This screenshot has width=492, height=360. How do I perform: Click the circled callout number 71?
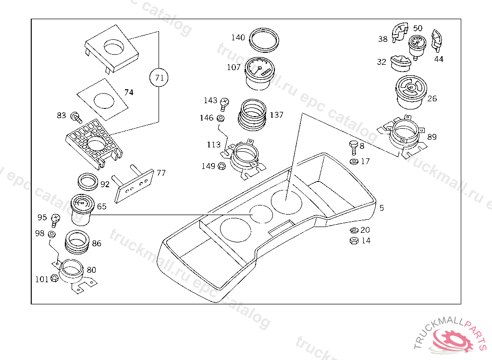tap(159, 77)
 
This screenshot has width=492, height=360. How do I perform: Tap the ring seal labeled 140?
tap(264, 40)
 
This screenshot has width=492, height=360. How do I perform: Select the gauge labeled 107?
tap(259, 73)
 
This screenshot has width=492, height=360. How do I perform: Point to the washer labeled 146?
tap(220, 119)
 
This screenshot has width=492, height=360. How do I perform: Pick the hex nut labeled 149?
tap(221, 166)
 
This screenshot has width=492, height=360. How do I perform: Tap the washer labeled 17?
tap(354, 162)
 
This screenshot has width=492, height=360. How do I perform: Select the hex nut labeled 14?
tap(354, 241)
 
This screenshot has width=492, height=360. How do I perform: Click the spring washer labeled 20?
tap(354, 230)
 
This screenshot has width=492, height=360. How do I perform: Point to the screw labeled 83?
tap(76, 117)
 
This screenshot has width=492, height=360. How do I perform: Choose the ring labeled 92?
tap(88, 181)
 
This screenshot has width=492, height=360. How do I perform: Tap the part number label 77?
tap(161, 173)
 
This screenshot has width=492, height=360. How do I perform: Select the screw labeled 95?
tap(55, 220)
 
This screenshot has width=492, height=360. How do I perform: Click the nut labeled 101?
tap(54, 278)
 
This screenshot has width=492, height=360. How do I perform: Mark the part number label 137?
tap(276, 115)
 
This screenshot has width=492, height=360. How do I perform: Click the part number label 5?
tap(381, 208)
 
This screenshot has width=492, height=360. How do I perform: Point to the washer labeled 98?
tap(52, 234)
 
